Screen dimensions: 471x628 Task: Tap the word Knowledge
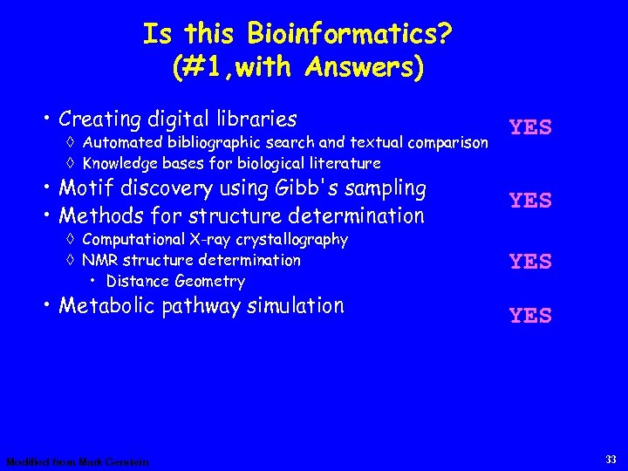(x=118, y=163)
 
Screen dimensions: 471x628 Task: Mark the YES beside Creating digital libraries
(x=530, y=127)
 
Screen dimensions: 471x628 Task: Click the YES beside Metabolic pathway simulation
(x=530, y=316)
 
